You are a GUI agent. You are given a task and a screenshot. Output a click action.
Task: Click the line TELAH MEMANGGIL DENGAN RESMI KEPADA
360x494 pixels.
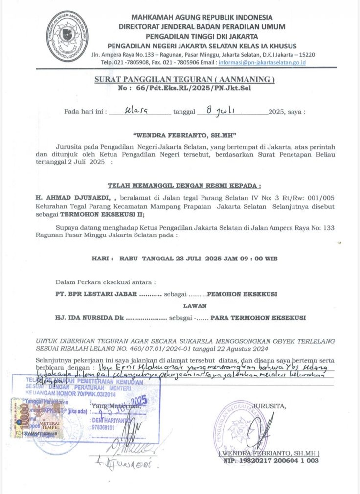tap(183, 186)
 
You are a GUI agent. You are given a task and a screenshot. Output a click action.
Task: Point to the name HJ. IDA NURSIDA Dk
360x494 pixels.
tap(90, 317)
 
